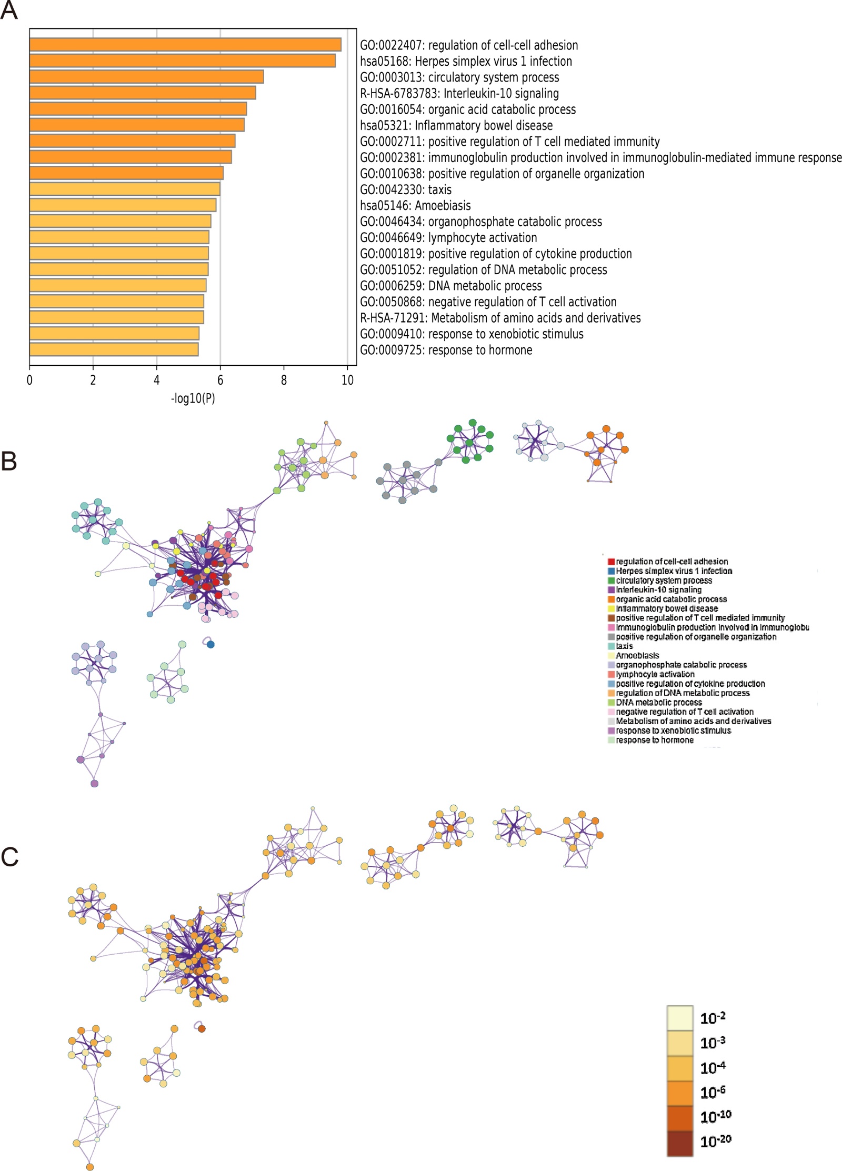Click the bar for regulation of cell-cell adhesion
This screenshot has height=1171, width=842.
(x=185, y=45)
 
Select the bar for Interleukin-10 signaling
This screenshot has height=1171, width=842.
(x=143, y=93)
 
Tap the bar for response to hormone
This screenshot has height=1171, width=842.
(x=114, y=349)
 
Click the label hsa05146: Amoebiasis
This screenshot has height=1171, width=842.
(x=415, y=206)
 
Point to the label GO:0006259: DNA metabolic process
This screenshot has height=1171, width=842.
(x=450, y=286)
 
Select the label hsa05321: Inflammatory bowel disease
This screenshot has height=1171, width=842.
(x=456, y=126)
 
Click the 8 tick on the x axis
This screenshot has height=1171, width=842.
(x=284, y=380)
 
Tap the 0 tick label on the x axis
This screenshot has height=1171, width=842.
(x=29, y=380)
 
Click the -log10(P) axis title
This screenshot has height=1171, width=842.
(x=193, y=398)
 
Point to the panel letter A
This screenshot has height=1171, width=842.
(x=9, y=10)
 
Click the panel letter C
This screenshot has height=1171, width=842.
(x=9, y=857)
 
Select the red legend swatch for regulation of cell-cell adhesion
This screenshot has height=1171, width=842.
(x=611, y=562)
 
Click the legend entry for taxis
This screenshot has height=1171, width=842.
(x=624, y=646)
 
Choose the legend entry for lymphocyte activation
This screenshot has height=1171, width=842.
(x=655, y=674)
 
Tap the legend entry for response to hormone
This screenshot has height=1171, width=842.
(x=654, y=740)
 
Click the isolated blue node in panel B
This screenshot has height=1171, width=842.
(x=210, y=644)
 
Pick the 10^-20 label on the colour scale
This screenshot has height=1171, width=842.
(x=715, y=1142)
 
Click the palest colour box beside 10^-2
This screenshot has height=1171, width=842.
(x=679, y=1018)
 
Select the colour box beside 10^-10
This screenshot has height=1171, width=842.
(x=679, y=1117)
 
